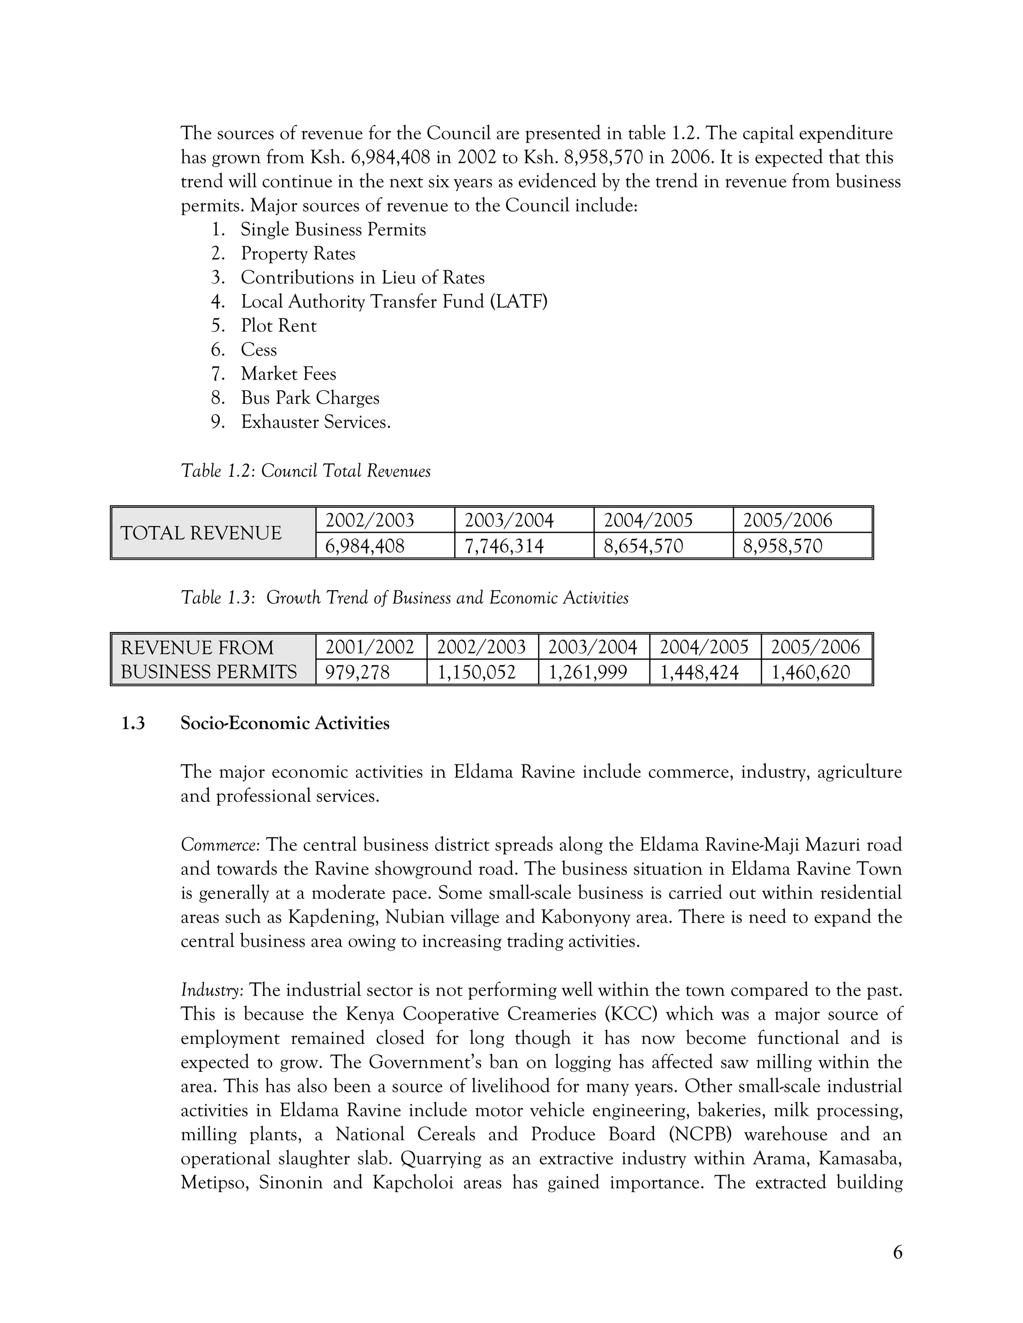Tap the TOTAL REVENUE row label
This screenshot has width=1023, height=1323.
[x=201, y=533]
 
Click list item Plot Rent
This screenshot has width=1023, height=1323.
[x=278, y=326]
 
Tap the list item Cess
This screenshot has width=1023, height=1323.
[x=259, y=350]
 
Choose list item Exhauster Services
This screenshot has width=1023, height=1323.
[x=316, y=422]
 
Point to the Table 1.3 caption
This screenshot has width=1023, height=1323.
[x=404, y=599]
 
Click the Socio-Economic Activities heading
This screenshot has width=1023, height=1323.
[x=285, y=723]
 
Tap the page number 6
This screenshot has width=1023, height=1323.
[x=898, y=1252]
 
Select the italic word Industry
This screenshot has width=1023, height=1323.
[x=212, y=991]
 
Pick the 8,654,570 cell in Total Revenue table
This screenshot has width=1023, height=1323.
[x=643, y=546]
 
